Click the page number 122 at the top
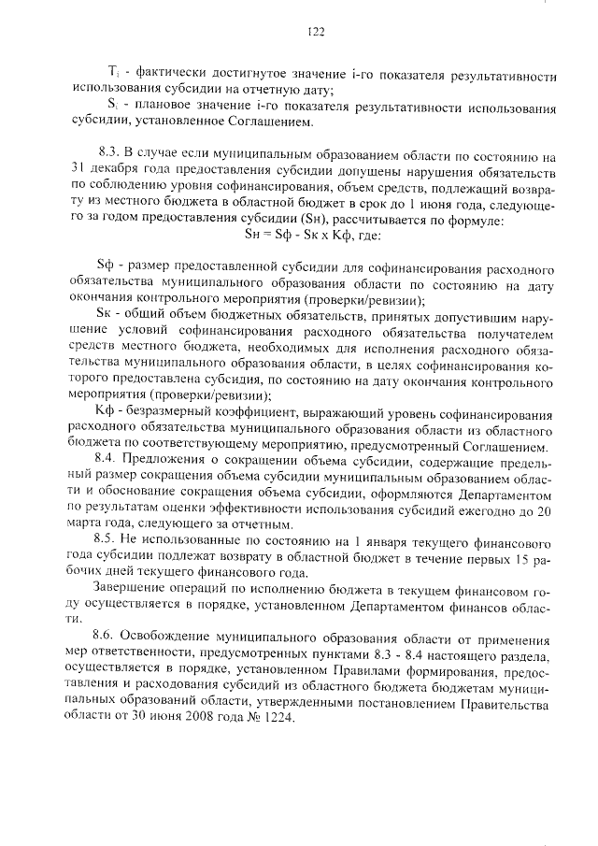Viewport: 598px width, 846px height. coord(315,33)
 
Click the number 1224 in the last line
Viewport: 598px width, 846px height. coord(278,717)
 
